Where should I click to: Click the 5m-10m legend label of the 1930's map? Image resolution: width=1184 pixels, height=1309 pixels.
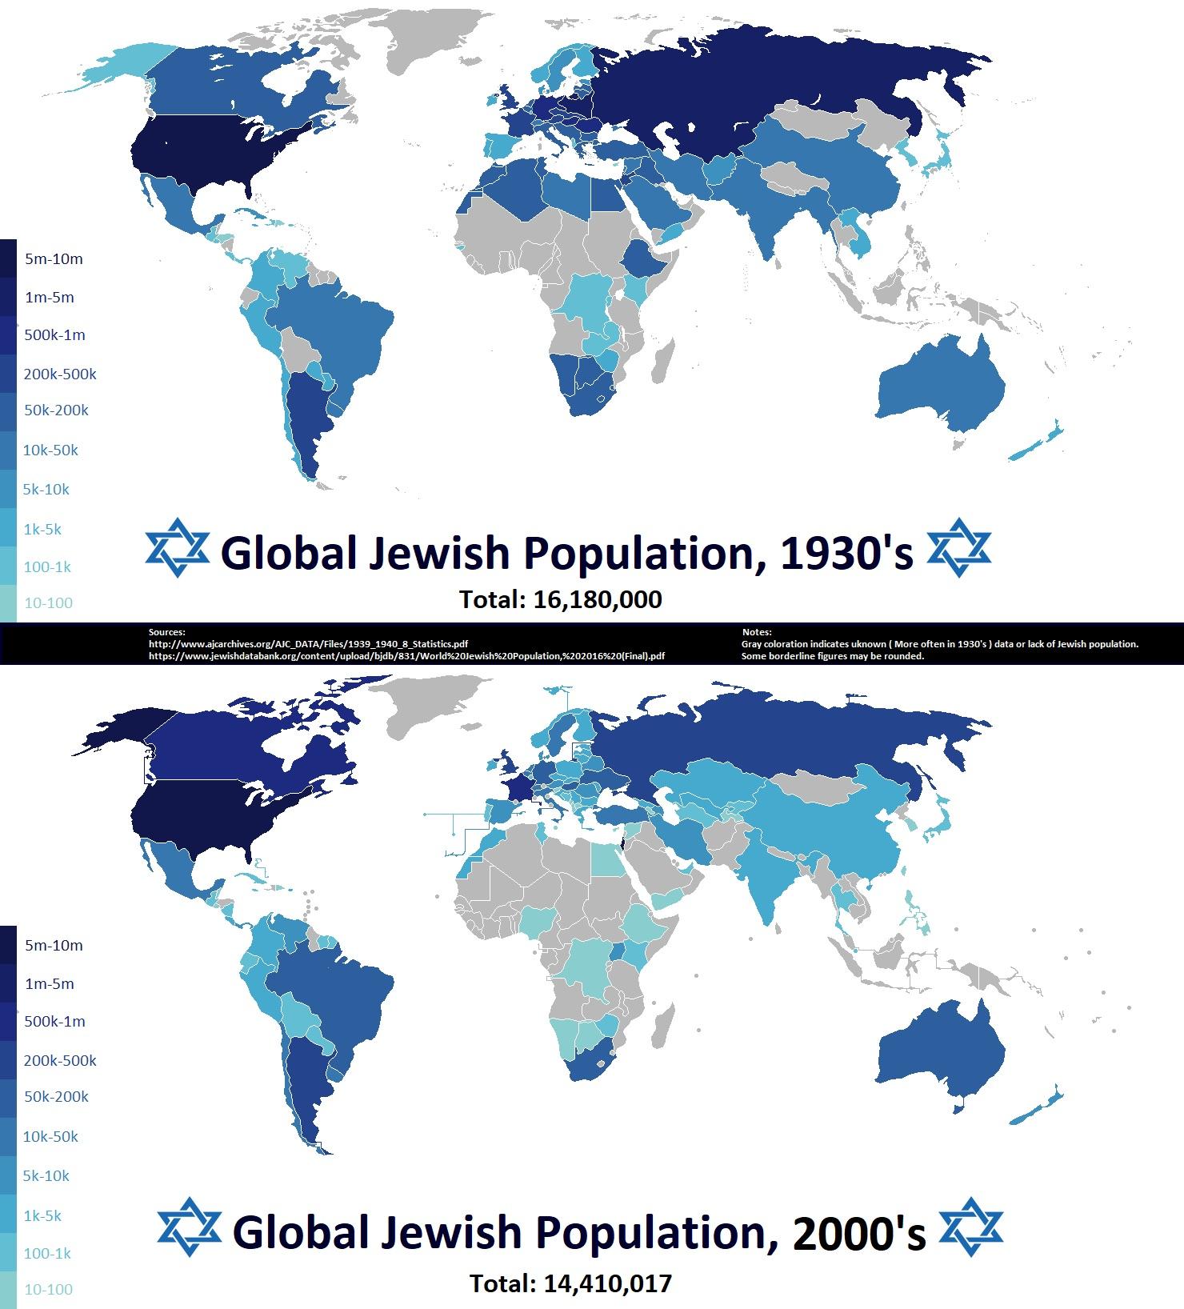pyautogui.click(x=54, y=259)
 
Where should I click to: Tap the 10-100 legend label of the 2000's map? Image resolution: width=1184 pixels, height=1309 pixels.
pyautogui.click(x=48, y=1289)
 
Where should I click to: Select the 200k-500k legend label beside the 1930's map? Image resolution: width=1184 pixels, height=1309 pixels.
pyautogui.click(x=60, y=374)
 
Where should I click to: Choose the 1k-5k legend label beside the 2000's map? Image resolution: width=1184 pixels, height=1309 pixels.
pyautogui.click(x=42, y=1215)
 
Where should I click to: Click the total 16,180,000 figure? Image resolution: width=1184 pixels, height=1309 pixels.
pyautogui.click(x=560, y=599)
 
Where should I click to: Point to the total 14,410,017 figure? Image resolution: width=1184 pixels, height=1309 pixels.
pyautogui.click(x=570, y=1284)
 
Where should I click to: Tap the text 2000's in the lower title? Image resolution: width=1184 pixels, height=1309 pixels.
pyautogui.click(x=859, y=1233)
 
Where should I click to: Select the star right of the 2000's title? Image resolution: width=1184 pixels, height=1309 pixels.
pyautogui.click(x=970, y=1227)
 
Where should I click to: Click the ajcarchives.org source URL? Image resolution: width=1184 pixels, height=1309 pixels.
pyautogui.click(x=308, y=643)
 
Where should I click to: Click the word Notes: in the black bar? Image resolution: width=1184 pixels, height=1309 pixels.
pyautogui.click(x=757, y=632)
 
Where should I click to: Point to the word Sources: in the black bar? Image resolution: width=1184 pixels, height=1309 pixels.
pyautogui.click(x=166, y=632)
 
